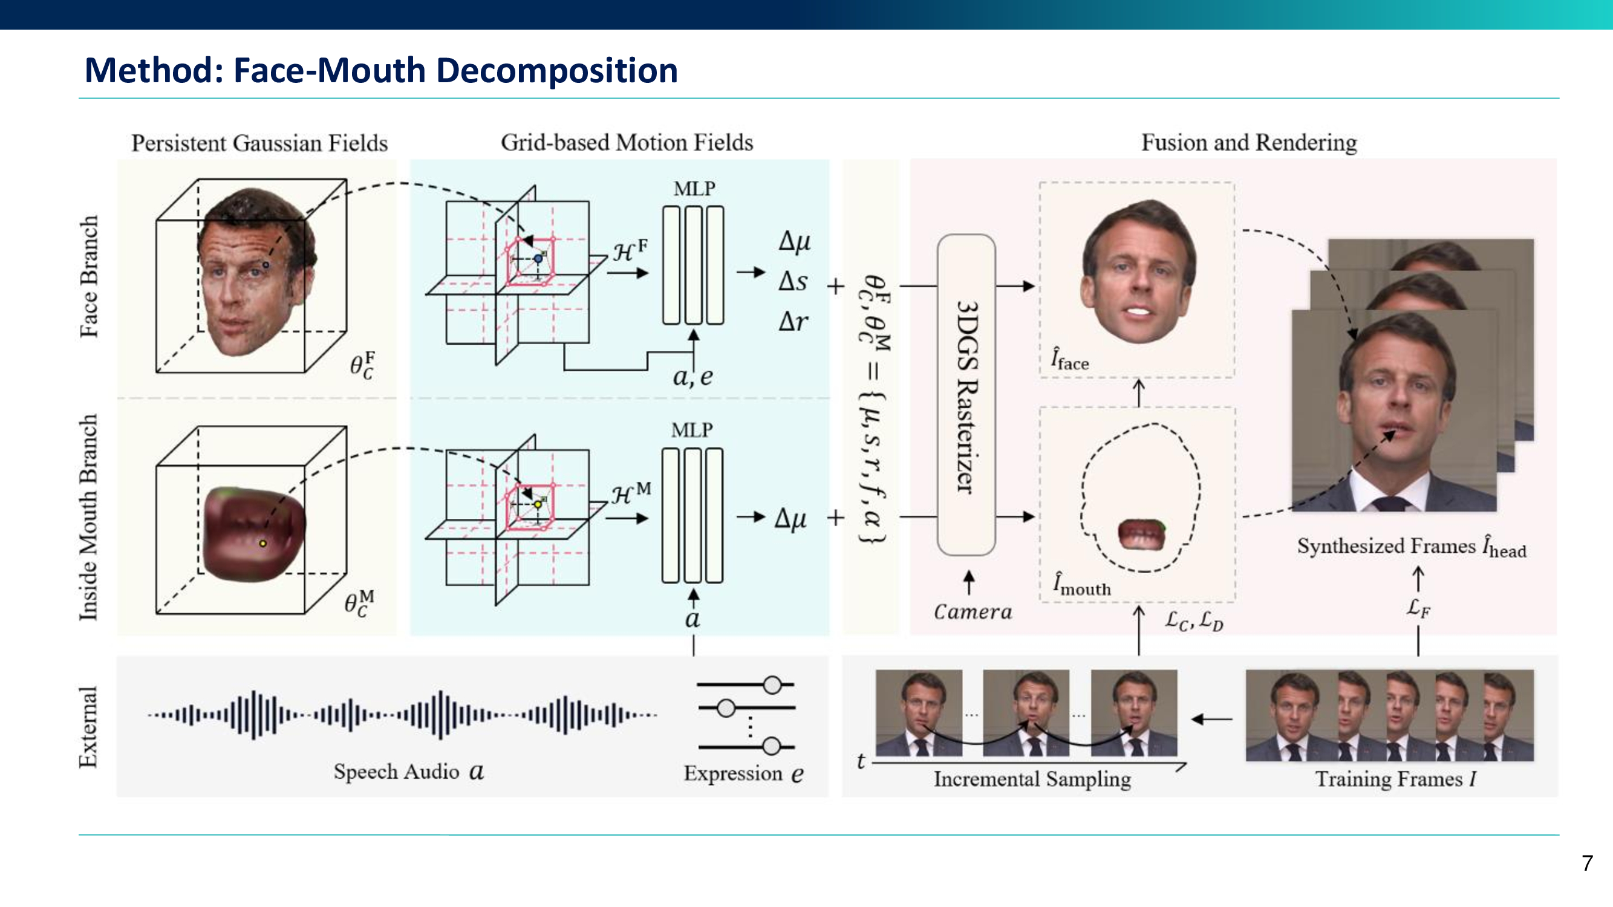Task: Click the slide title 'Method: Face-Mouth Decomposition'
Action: (x=380, y=70)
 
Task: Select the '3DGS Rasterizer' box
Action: (x=966, y=395)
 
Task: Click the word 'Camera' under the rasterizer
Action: (x=973, y=611)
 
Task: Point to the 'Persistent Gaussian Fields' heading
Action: (x=259, y=143)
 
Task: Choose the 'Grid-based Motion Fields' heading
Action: (x=626, y=143)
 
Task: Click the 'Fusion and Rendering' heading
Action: (x=1248, y=143)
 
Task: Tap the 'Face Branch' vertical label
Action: (x=89, y=276)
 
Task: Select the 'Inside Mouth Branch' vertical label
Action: (x=89, y=517)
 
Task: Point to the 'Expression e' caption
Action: (x=743, y=774)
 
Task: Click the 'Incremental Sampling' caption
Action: (x=1032, y=779)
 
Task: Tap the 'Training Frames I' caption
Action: (x=1395, y=779)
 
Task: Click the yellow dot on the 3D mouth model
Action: (x=263, y=544)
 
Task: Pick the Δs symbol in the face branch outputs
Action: (x=793, y=282)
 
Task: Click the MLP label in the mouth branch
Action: (x=691, y=430)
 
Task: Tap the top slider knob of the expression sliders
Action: (x=772, y=685)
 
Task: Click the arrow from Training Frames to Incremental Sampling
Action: (x=1211, y=719)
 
